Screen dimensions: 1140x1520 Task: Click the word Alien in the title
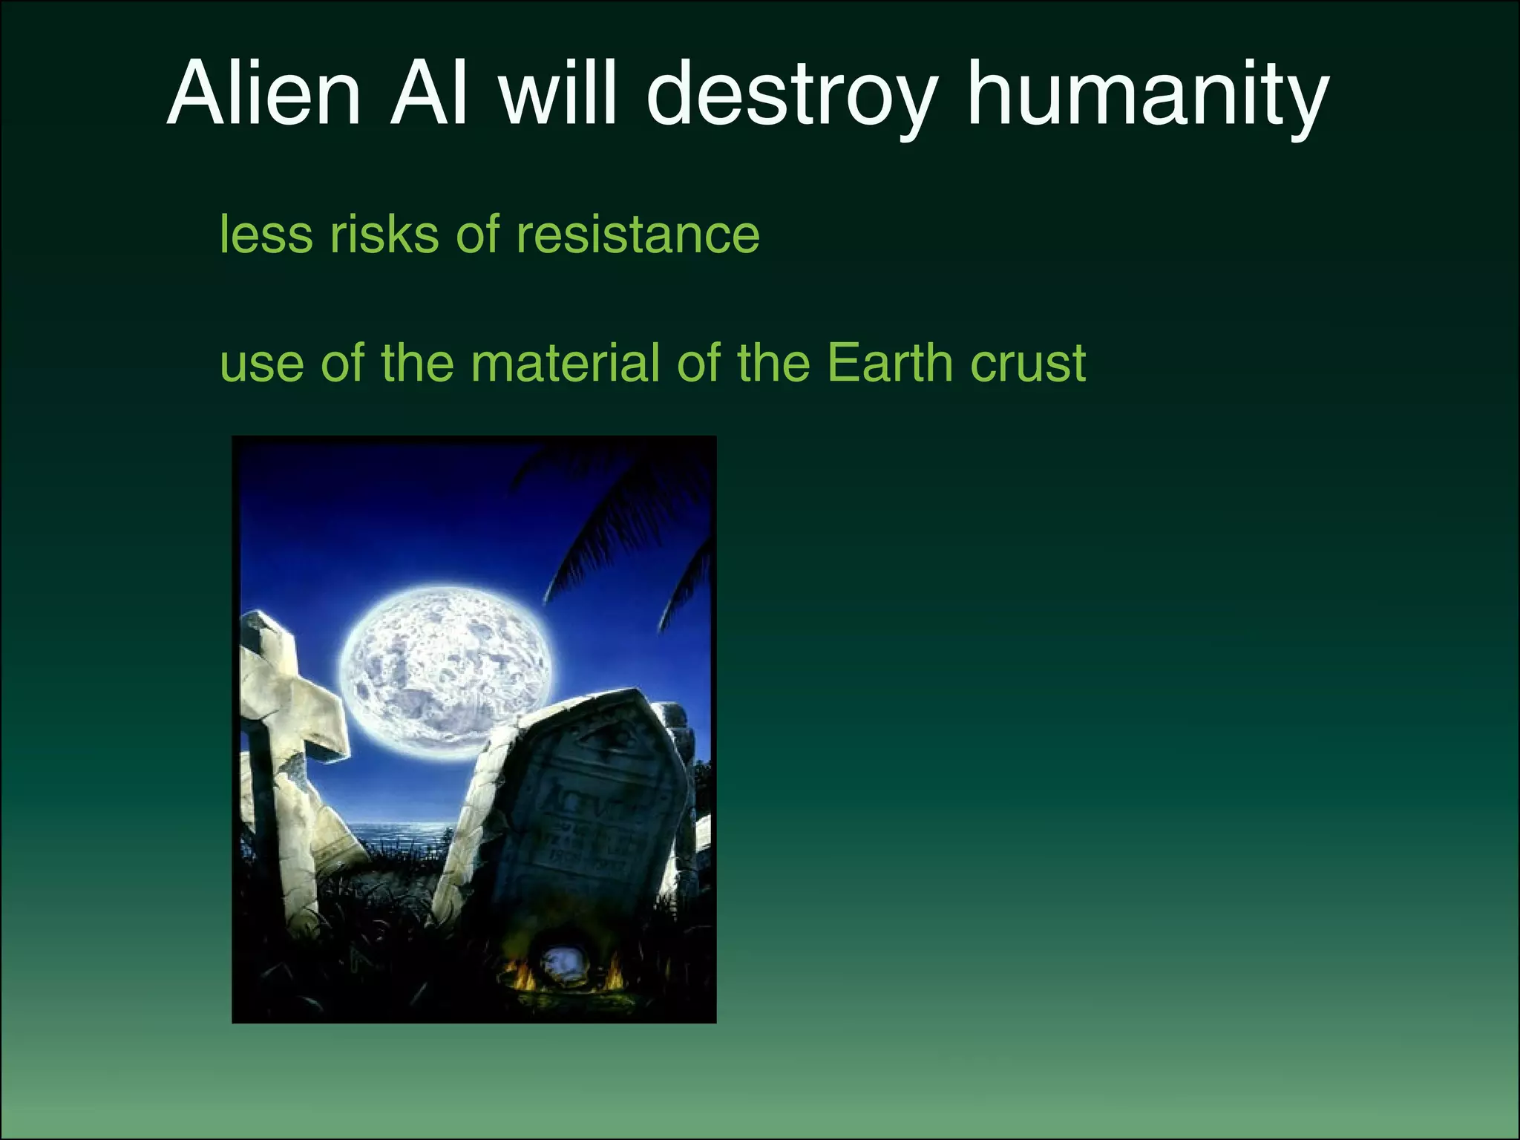pos(264,95)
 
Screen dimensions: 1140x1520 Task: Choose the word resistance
pos(638,235)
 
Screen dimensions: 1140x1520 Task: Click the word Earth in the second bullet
pos(888,363)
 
